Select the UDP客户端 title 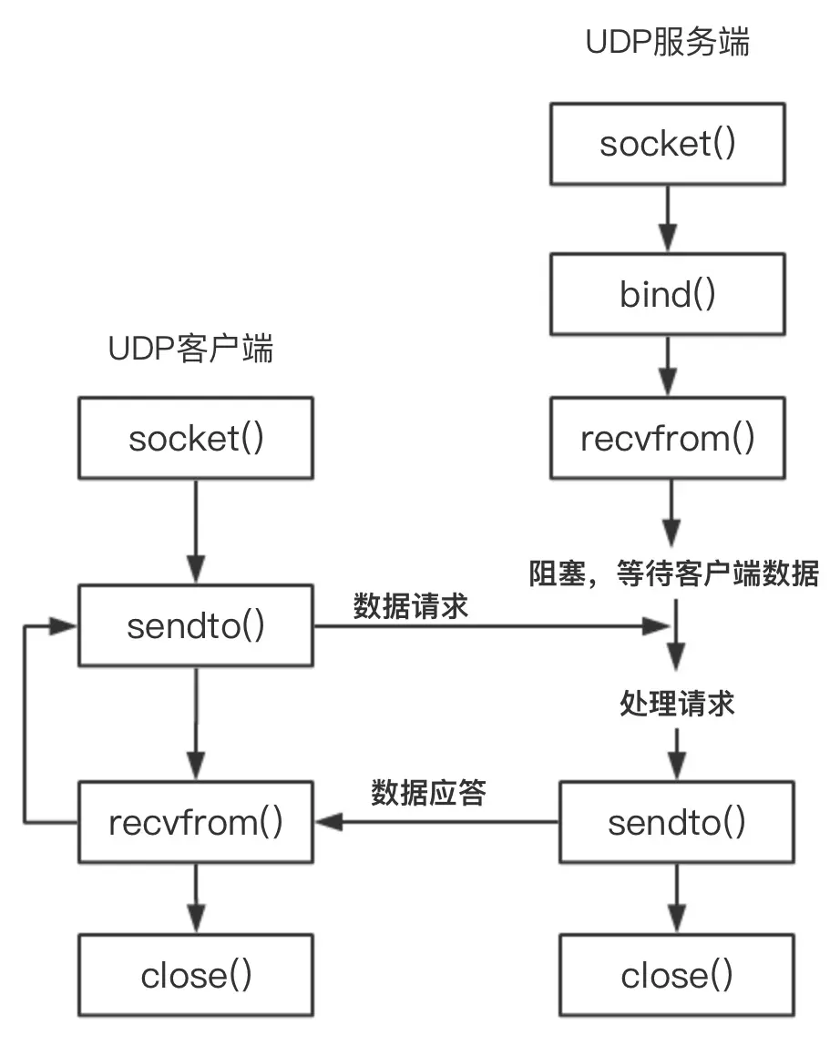point(190,350)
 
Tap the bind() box point(668,294)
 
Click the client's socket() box point(196,439)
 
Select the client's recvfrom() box point(196,823)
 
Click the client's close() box point(196,975)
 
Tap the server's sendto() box point(676,823)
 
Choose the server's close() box point(676,975)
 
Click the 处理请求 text point(676,704)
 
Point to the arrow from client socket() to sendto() point(196,533)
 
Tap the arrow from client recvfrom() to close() point(196,899)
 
